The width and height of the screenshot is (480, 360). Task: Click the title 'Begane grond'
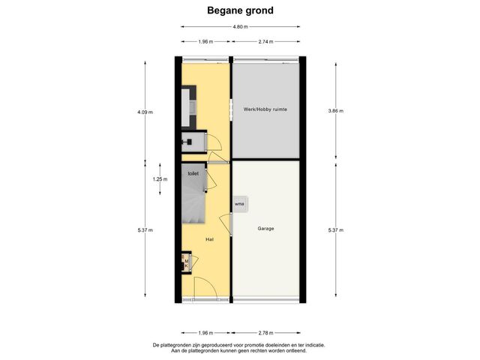pos(240,10)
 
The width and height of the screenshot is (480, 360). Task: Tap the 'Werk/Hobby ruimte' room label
pos(265,109)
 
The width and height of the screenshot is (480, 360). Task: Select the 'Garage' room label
pos(265,229)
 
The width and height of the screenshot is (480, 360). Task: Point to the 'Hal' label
pos(210,239)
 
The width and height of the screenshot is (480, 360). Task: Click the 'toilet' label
pos(193,174)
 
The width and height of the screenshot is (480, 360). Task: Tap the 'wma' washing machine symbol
pos(239,203)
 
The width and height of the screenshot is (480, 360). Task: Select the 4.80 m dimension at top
pos(240,27)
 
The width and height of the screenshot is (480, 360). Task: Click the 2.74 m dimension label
pos(266,42)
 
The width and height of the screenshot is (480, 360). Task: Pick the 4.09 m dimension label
pos(145,112)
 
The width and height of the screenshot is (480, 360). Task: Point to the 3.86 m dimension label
pos(336,111)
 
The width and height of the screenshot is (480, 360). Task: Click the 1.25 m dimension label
pos(159,180)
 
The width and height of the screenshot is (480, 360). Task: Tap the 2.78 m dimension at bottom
pos(266,332)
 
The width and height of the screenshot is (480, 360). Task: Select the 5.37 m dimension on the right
pos(336,230)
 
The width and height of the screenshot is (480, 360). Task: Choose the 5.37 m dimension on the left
pos(145,230)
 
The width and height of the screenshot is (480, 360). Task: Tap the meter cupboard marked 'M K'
pos(186,262)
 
